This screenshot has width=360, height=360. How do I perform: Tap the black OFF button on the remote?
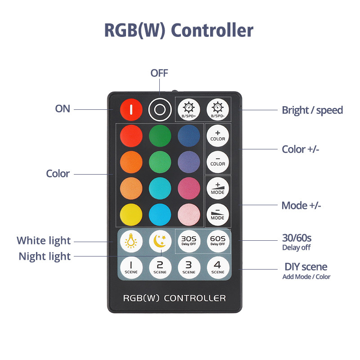tap(159, 109)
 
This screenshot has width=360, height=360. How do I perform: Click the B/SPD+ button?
tap(189, 109)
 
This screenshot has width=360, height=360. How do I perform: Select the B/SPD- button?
tap(217, 109)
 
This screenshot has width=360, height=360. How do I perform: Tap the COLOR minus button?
tap(217, 161)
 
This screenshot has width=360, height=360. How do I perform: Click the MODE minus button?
tap(217, 214)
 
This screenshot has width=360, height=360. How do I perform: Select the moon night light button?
tap(160, 241)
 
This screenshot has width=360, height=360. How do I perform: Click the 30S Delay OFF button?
tap(189, 241)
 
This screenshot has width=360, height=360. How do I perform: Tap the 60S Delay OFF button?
tap(217, 241)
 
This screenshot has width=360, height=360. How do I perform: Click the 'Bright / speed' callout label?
tap(312, 110)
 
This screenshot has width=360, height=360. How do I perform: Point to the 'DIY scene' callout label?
tap(306, 267)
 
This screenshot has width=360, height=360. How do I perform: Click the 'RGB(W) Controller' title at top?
tap(179, 31)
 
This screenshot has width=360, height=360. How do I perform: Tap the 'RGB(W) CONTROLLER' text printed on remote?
tap(174, 298)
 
